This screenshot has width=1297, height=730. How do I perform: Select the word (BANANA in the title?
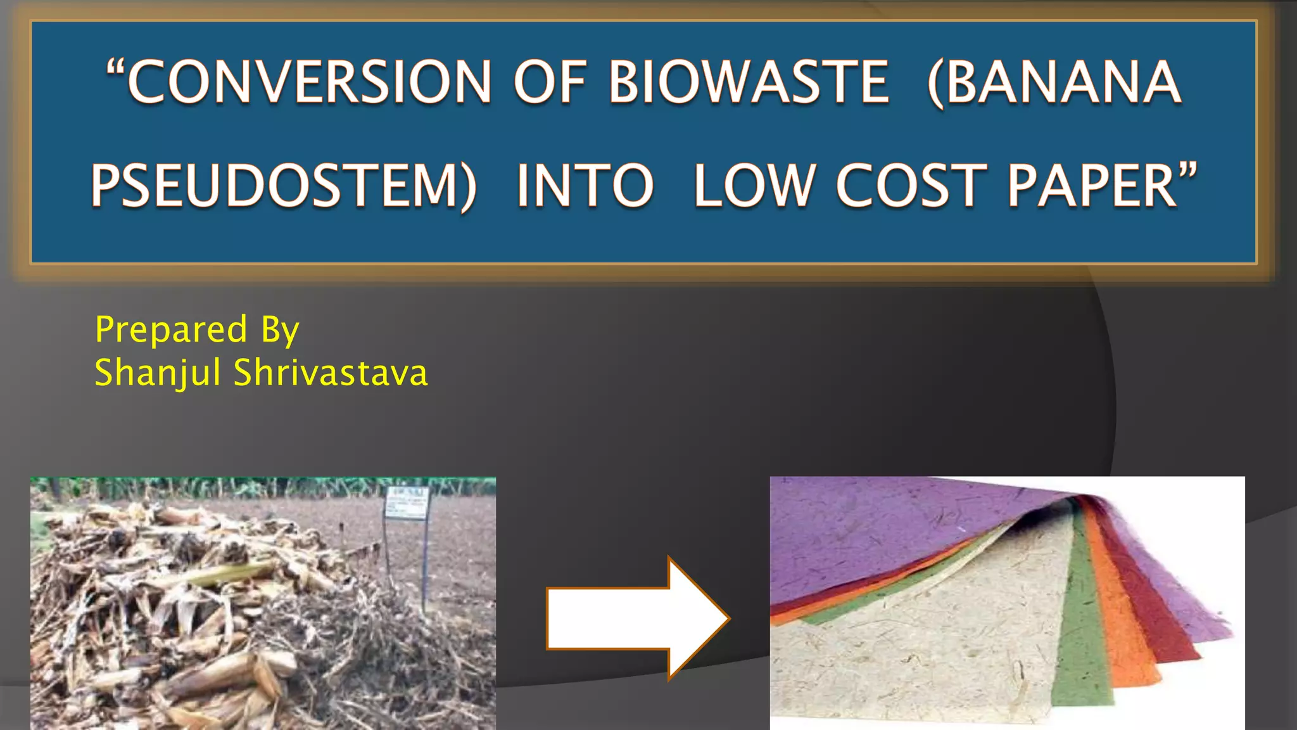pos(1054,82)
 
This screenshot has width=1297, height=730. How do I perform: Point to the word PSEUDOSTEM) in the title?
pos(284,186)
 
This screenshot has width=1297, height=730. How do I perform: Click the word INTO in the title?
pos(585,186)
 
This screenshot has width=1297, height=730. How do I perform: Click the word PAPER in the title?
pos(1092,186)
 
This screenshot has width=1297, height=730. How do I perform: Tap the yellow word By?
pos(280,331)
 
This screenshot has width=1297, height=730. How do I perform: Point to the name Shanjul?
pos(157,373)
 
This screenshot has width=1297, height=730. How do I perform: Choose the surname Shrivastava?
pos(331,373)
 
